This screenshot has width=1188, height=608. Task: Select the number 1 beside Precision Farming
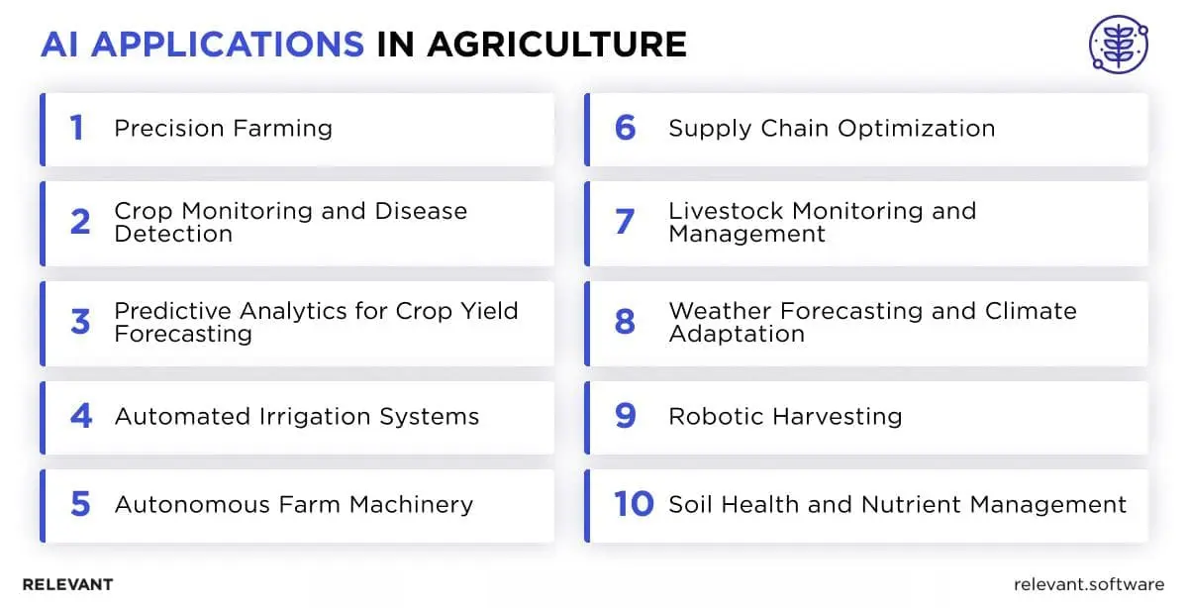click(76, 128)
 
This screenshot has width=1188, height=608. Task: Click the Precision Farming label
click(223, 129)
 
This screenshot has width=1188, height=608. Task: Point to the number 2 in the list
click(80, 222)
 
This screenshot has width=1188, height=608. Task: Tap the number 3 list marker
click(80, 322)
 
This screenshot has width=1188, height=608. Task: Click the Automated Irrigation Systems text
click(296, 417)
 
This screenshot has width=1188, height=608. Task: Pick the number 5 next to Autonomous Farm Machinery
click(80, 505)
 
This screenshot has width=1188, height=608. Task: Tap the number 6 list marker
click(625, 128)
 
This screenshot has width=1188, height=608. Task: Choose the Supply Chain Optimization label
click(832, 129)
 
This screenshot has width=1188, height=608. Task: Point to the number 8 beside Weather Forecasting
click(625, 322)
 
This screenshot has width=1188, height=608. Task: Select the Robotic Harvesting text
click(785, 417)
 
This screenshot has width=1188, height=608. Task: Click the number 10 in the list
click(634, 505)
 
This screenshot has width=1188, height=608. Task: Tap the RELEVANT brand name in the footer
click(67, 584)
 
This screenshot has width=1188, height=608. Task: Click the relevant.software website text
click(1089, 584)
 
